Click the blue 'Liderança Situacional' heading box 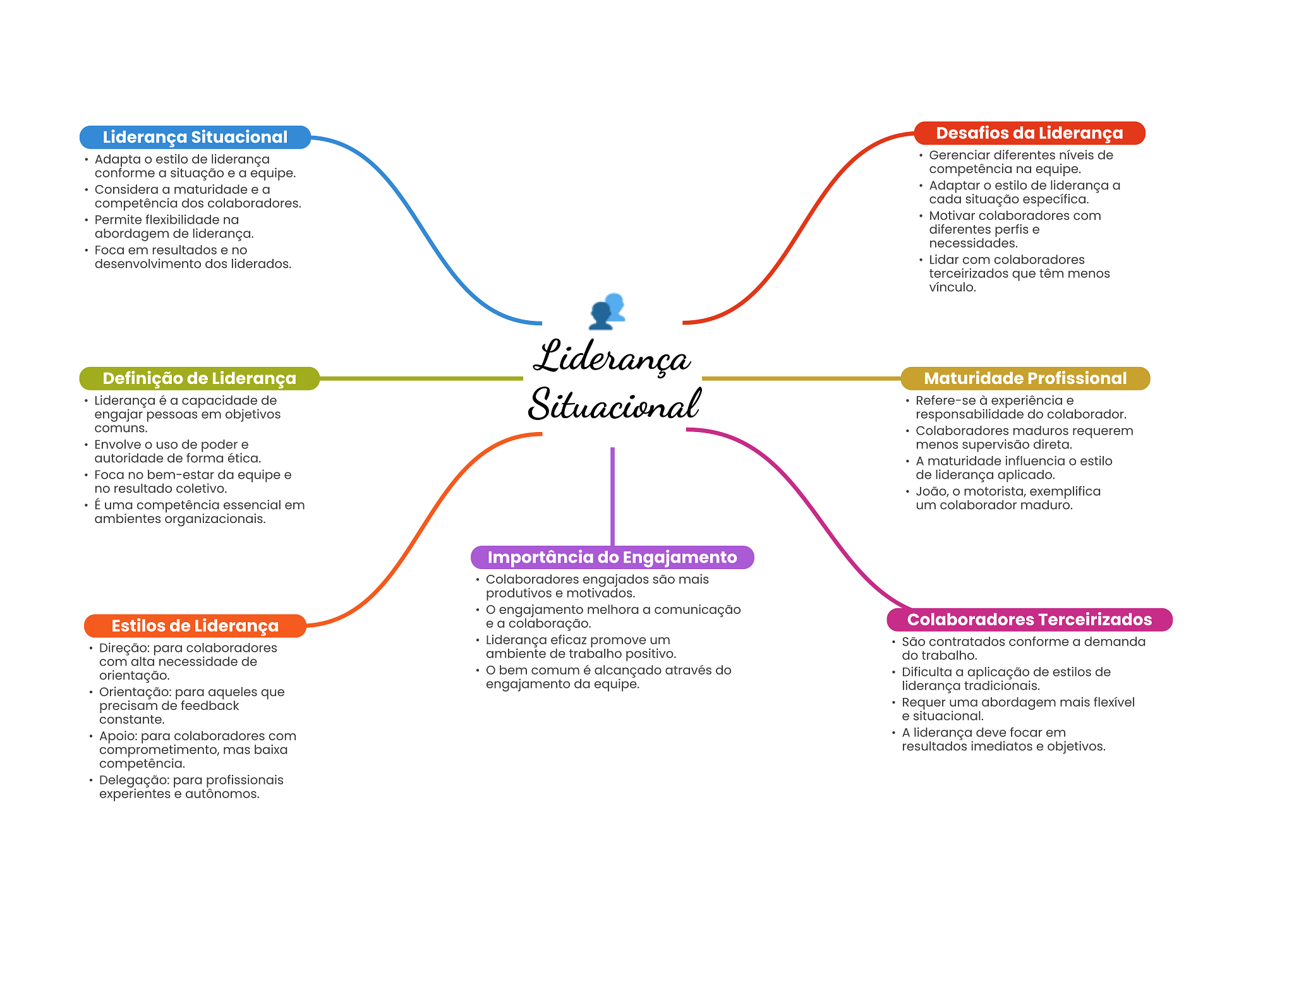click(x=195, y=137)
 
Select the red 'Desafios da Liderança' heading click(x=1029, y=133)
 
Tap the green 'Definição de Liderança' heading click(x=199, y=378)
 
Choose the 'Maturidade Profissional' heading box click(x=1025, y=378)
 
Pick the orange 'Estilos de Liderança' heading click(x=195, y=626)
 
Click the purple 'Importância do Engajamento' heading click(x=612, y=557)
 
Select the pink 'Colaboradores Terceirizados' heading click(x=1029, y=620)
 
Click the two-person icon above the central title click(x=607, y=311)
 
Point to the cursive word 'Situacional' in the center click(x=614, y=405)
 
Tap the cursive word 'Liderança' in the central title click(x=612, y=357)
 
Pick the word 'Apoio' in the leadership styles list click(x=117, y=736)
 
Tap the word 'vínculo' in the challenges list click(x=951, y=287)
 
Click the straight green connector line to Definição click(x=421, y=378)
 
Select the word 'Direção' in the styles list click(x=123, y=648)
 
